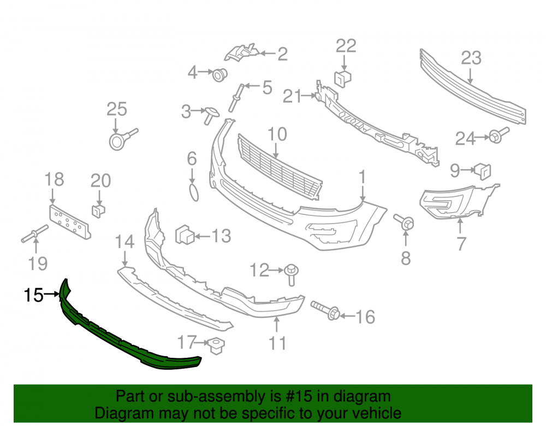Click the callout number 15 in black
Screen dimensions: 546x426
pos(33,295)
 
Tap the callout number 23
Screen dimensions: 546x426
pos(471,58)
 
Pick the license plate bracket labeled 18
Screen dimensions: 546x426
pos(70,221)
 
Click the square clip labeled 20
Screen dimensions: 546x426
pos(98,211)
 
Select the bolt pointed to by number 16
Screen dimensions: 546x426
pos(325,310)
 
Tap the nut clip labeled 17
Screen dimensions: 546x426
pos(216,345)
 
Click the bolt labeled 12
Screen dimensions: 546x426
pos(292,274)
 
